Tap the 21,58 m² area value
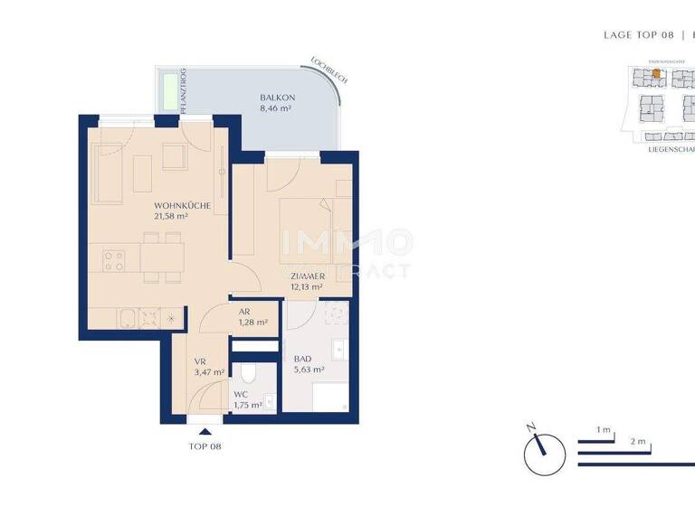click(x=170, y=217)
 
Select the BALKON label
click(x=274, y=97)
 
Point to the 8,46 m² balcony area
click(x=274, y=108)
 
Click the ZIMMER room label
click(x=308, y=276)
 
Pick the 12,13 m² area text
click(x=308, y=287)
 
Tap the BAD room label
click(x=302, y=358)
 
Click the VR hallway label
click(x=200, y=361)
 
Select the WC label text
click(x=240, y=395)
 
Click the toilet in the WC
click(x=250, y=373)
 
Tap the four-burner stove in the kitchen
click(x=114, y=262)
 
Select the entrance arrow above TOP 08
click(x=205, y=432)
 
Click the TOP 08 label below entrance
click(x=205, y=446)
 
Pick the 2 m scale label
click(x=638, y=441)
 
